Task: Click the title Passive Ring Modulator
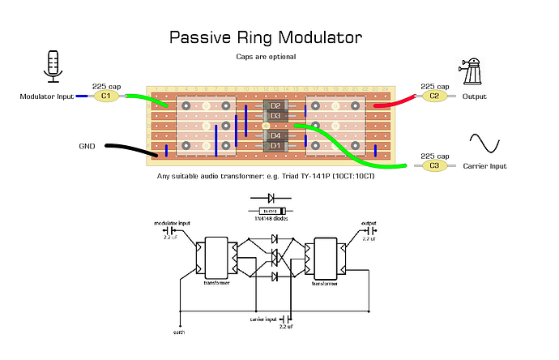(x=266, y=38)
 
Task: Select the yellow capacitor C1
(x=106, y=96)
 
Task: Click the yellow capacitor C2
(x=433, y=96)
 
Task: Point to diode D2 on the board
(x=275, y=106)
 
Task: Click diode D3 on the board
(x=275, y=116)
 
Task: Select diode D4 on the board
(x=275, y=135)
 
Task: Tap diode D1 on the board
(x=275, y=145)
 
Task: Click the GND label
(x=87, y=147)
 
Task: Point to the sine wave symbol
(x=489, y=145)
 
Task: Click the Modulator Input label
(x=46, y=96)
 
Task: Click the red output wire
(x=397, y=101)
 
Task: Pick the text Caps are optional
(x=266, y=57)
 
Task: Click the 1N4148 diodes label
(x=272, y=219)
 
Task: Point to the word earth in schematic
(x=178, y=331)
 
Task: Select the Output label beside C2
(x=475, y=96)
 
